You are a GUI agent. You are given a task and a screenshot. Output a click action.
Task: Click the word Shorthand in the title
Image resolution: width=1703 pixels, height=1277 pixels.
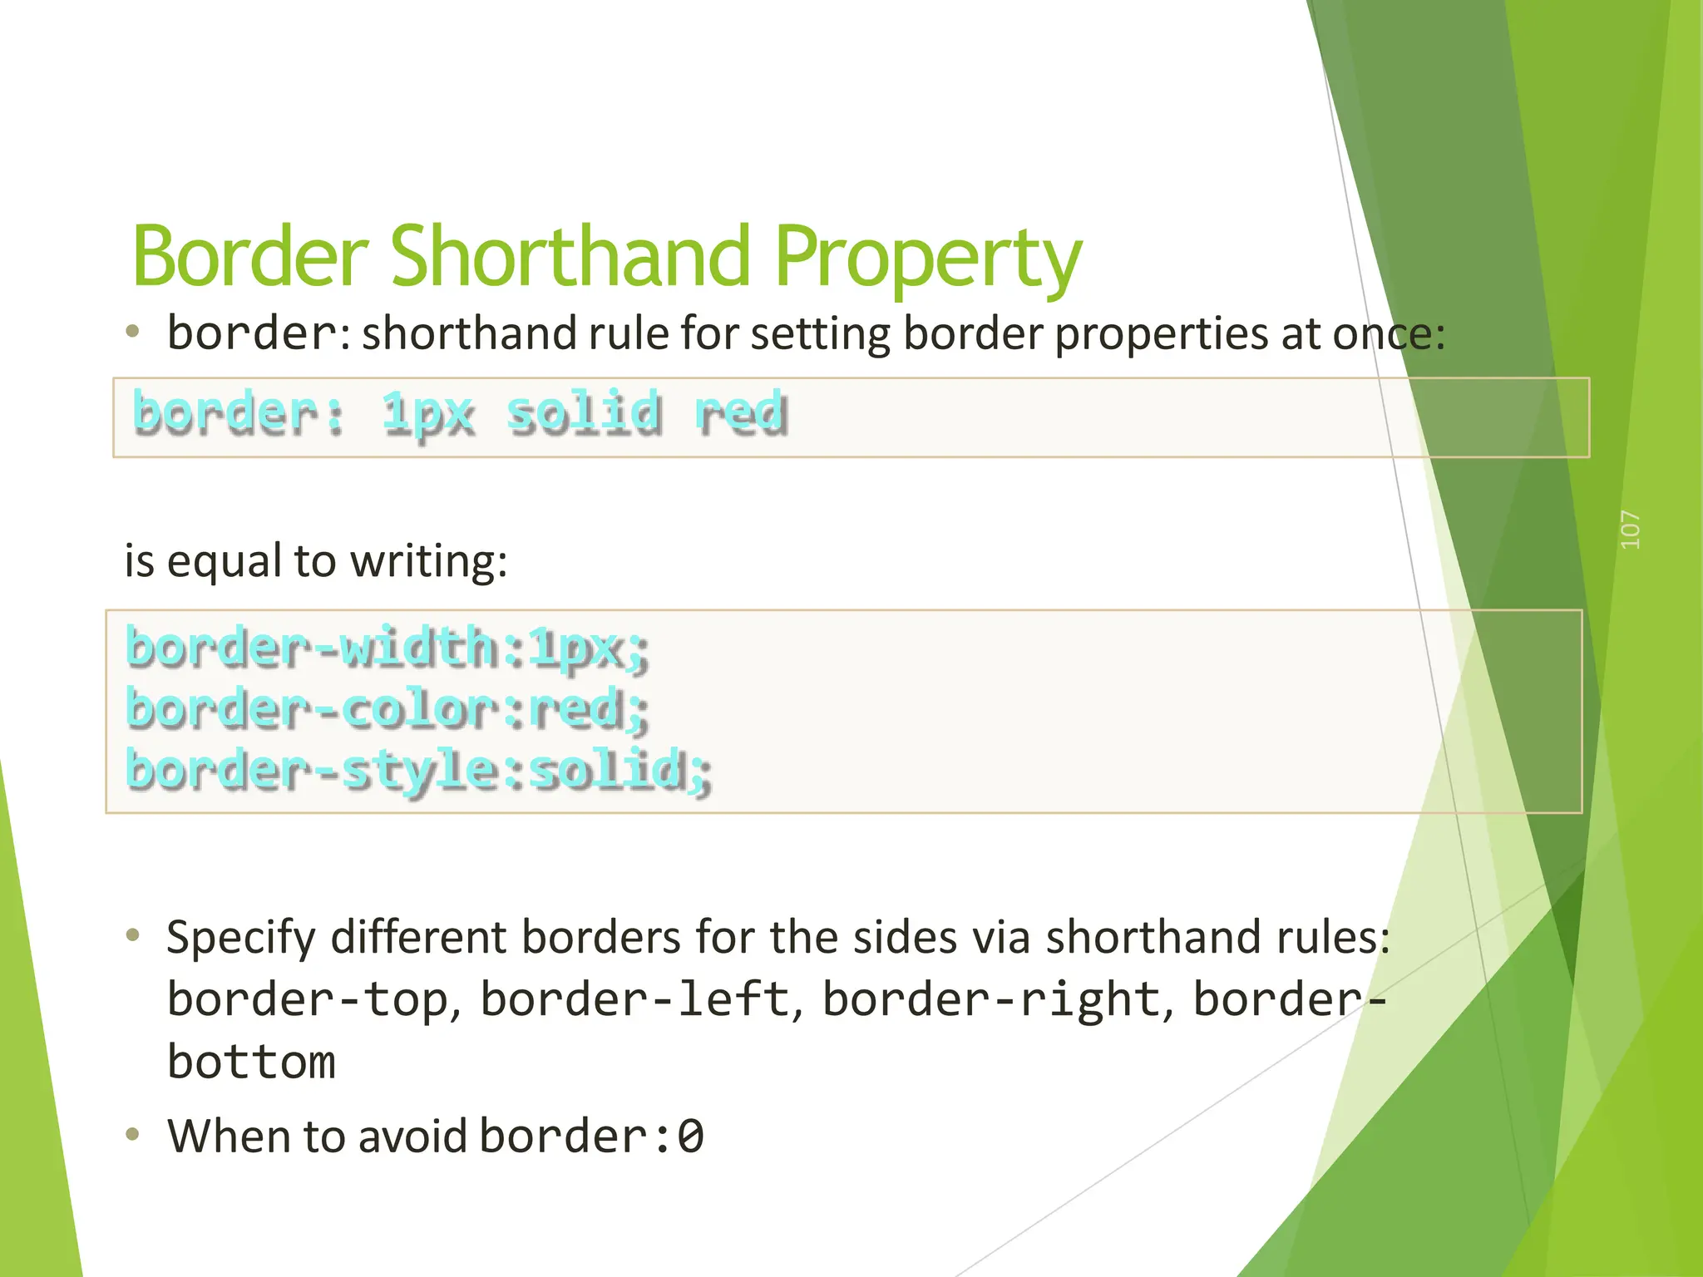pos(570,256)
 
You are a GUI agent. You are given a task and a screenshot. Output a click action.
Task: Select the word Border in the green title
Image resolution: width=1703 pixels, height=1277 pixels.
pos(249,256)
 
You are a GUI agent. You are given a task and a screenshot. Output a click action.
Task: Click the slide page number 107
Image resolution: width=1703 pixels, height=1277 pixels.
pos(1631,530)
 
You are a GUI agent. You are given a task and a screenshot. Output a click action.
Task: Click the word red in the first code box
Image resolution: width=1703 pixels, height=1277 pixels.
pos(740,413)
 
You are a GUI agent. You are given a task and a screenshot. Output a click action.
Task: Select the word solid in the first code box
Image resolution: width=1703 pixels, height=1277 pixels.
pos(585,413)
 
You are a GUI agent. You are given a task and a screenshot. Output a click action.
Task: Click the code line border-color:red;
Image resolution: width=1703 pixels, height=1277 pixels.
pos(387,709)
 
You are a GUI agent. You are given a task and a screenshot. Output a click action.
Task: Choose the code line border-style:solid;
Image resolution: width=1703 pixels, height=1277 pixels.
pos(418,770)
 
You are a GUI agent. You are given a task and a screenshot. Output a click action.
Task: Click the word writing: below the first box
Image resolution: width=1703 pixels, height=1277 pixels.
pos(428,561)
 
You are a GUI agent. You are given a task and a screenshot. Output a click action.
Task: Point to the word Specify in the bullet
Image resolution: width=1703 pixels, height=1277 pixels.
pos(240,938)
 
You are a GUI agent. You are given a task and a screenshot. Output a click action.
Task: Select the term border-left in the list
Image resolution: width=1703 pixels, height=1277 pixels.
pos(634,999)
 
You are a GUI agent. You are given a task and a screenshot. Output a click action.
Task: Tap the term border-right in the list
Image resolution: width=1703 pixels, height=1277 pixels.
pos(991,999)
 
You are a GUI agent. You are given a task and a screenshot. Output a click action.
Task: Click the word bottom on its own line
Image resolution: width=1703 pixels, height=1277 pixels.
pos(251,1063)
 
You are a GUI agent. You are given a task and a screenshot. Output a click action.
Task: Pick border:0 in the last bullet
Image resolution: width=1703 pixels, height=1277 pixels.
pos(592,1136)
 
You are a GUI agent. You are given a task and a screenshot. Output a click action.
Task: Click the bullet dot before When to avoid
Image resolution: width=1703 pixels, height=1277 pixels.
pos(132,1134)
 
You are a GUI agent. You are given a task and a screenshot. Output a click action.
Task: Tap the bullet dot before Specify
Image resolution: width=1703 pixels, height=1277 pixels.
pos(132,936)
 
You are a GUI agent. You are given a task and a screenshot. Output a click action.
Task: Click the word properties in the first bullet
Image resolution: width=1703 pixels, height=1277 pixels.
pos(1162,334)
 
